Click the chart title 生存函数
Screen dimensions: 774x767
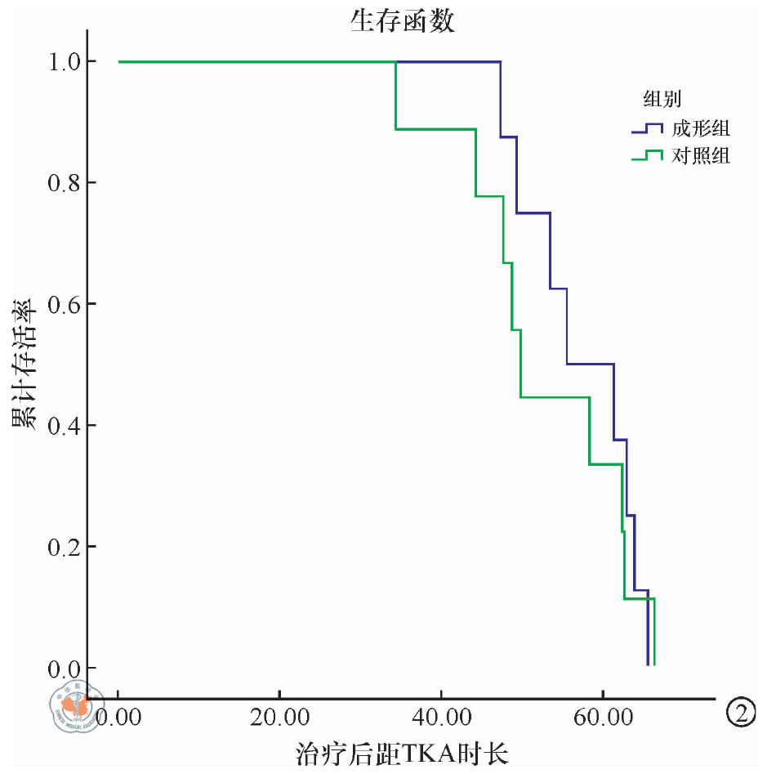[x=402, y=22]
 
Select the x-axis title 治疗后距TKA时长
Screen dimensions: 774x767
[x=402, y=752]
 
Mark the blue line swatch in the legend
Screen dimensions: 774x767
[x=647, y=128]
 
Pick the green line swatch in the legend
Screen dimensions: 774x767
[x=647, y=155]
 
